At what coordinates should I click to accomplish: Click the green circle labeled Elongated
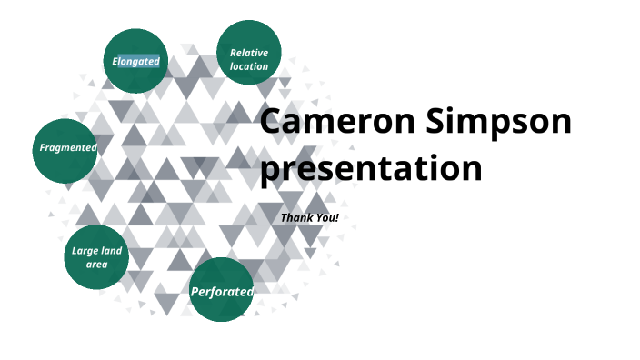point(136,61)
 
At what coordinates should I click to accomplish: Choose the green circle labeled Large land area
point(96,257)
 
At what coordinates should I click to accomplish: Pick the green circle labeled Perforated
point(221,290)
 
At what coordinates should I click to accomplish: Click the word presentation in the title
point(371,168)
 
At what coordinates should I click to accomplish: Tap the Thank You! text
point(309,218)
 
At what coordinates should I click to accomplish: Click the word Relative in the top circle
point(248,53)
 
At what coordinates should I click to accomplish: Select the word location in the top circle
point(248,66)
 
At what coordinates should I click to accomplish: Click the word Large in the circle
point(85,251)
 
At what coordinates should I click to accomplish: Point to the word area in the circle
point(96,265)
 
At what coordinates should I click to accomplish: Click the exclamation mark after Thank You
point(336,218)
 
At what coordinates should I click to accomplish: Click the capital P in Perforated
point(195,292)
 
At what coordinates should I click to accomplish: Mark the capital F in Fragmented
point(42,147)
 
